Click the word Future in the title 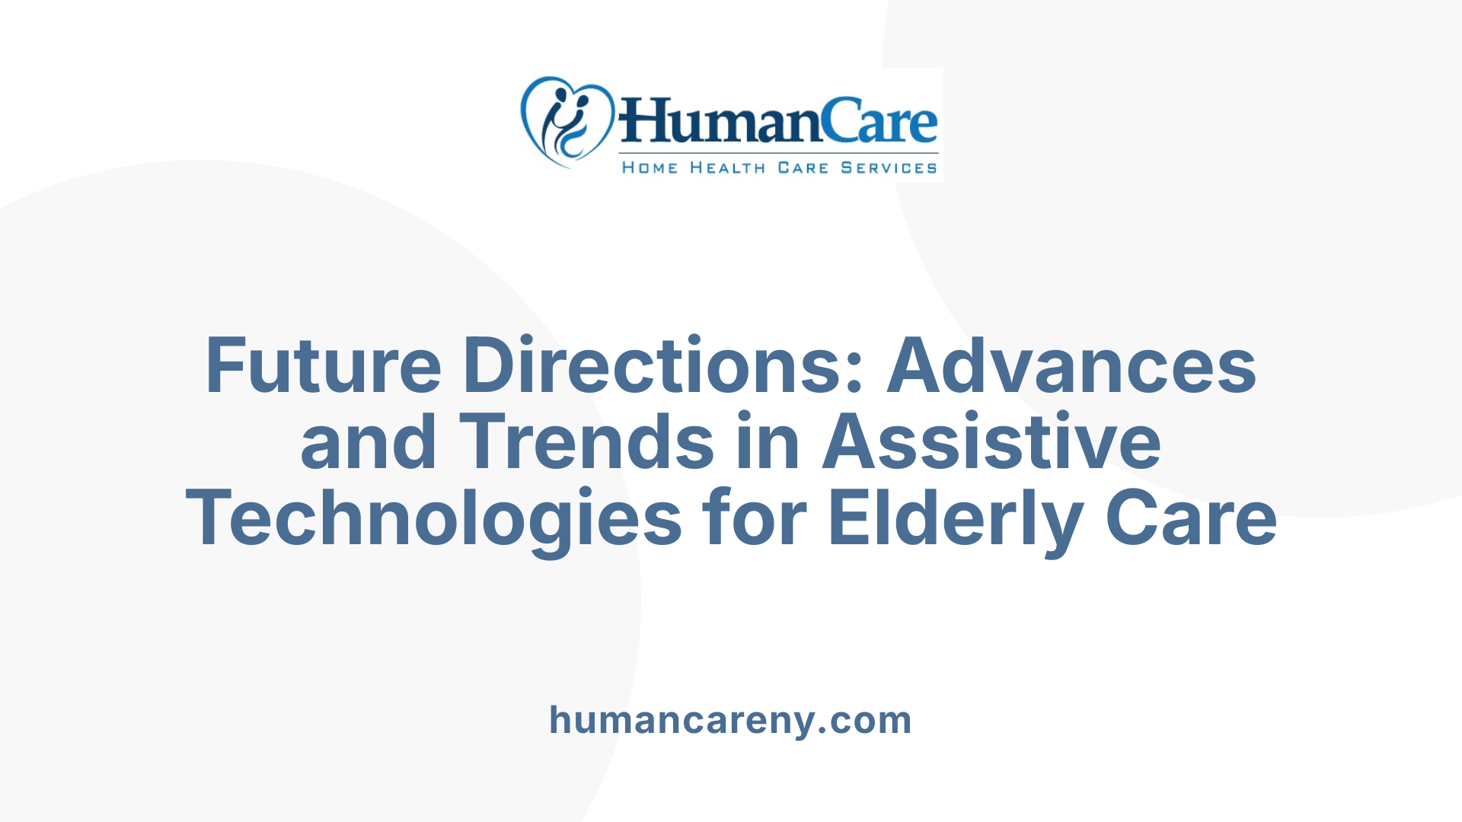324,366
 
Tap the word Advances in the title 1071,366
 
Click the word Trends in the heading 586,442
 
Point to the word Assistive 991,442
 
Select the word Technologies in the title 433,519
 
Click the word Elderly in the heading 956,519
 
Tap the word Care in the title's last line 1191,519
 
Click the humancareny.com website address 730,720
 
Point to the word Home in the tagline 650,168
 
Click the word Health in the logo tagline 727,168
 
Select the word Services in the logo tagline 889,168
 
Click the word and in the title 369,442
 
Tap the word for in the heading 755,519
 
